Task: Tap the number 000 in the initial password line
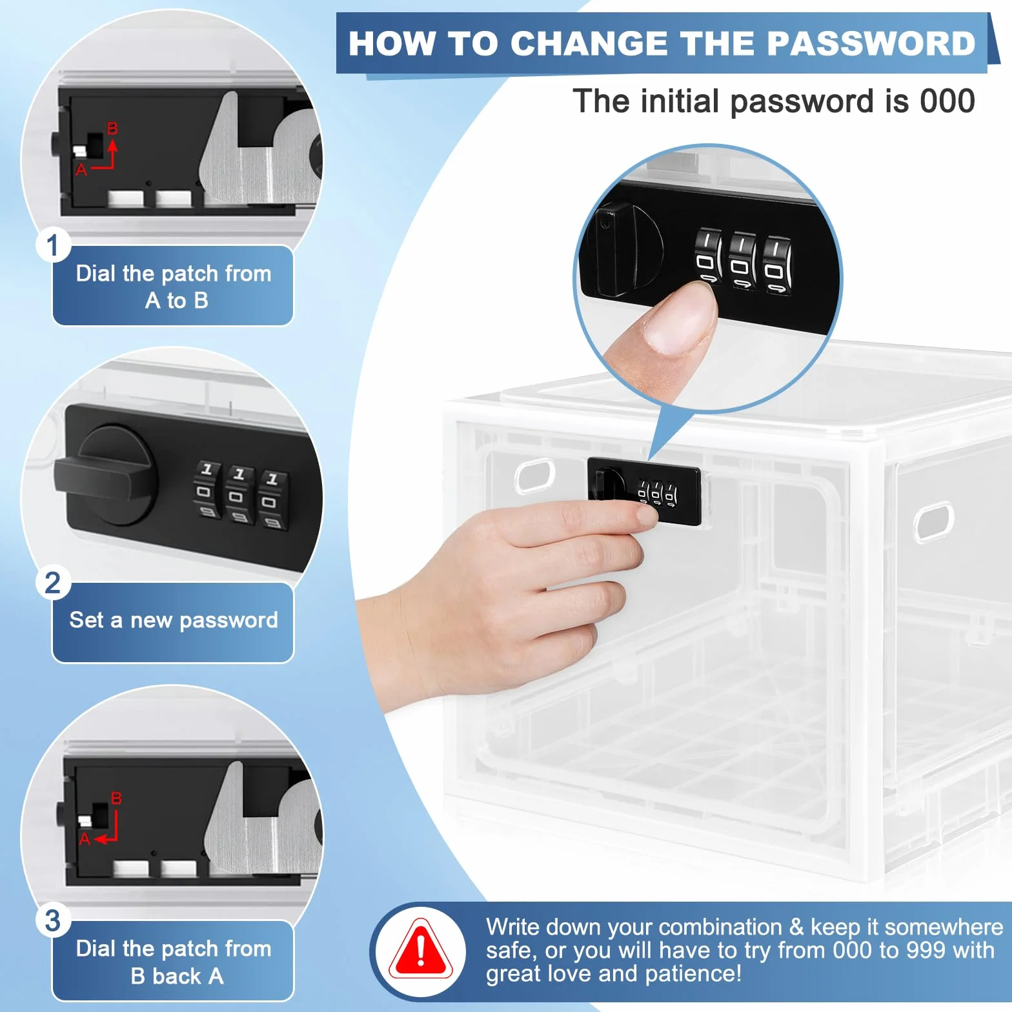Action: [x=947, y=101]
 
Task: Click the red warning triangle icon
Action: [x=421, y=951]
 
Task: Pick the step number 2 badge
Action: [x=53, y=583]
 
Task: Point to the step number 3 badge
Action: [x=53, y=920]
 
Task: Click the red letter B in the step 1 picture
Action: [x=112, y=128]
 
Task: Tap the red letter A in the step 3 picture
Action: [x=85, y=839]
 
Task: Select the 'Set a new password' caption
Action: [x=174, y=620]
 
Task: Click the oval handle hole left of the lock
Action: [x=535, y=476]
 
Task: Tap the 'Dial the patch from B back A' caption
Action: [x=174, y=962]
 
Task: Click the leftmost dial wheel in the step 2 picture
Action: [x=207, y=490]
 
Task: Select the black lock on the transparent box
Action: [x=643, y=491]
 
